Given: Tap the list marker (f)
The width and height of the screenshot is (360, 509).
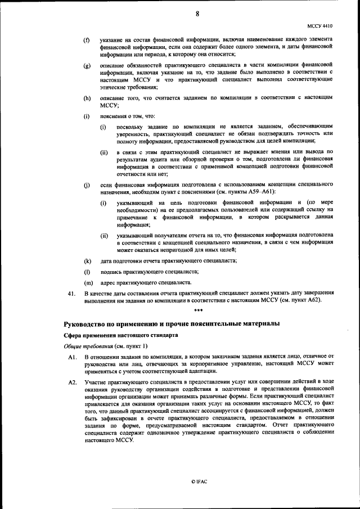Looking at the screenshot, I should coord(87,40).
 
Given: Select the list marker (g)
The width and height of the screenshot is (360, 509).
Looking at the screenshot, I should coord(87,66).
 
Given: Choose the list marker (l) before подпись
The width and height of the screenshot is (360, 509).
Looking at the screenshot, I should coord(87,271).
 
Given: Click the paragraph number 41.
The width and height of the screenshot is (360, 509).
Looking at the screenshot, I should coord(71,294).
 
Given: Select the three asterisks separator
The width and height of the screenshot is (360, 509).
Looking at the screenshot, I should coord(198,311).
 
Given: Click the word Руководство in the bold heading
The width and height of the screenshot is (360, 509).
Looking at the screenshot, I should coord(85,324).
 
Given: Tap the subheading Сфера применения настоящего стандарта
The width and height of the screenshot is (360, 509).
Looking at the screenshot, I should coord(112,335).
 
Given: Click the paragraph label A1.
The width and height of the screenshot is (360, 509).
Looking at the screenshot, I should coord(71,357).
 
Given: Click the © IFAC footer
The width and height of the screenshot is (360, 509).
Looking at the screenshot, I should coord(198,482).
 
